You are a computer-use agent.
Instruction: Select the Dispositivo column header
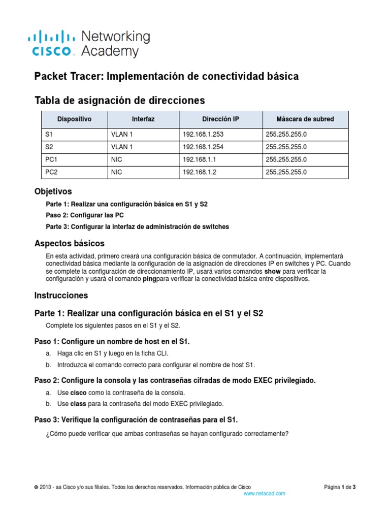click(74, 119)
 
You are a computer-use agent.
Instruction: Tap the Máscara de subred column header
click(305, 119)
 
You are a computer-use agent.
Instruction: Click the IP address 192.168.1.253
click(203, 135)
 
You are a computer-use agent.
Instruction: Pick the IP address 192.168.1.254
click(203, 147)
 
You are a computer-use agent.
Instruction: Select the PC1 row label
click(52, 160)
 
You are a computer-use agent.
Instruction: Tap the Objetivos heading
click(53, 192)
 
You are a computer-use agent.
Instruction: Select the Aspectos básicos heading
click(69, 243)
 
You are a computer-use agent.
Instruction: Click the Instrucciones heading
click(61, 296)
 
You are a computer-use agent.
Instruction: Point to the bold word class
click(78, 404)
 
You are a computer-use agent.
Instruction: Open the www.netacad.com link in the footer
click(264, 493)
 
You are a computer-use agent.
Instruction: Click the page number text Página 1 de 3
click(340, 487)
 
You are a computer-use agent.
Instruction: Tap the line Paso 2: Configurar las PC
click(85, 215)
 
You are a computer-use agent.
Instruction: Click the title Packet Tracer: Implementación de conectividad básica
click(166, 77)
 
